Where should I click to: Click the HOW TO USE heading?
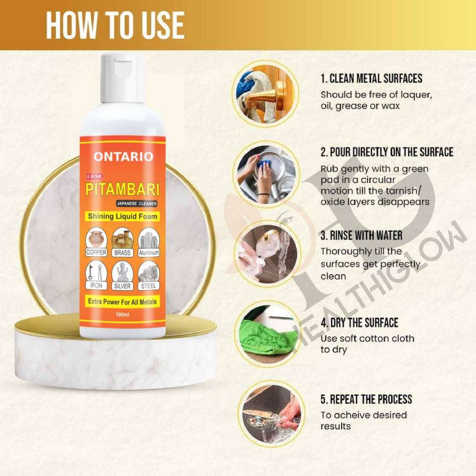(x=116, y=25)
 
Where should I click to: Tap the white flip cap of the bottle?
(x=122, y=78)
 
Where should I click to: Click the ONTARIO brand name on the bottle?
(x=123, y=157)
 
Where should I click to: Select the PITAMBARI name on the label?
(x=122, y=190)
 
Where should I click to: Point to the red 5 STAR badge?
(x=95, y=176)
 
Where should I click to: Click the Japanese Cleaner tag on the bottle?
(x=137, y=203)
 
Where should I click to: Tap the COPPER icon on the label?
(x=96, y=242)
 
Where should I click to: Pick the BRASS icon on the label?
(x=122, y=242)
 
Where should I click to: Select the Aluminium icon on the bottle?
(x=149, y=242)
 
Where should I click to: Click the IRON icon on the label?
(x=96, y=275)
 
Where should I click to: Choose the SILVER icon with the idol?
(x=122, y=275)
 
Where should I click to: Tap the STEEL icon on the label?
(x=149, y=275)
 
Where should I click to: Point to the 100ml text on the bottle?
(x=122, y=314)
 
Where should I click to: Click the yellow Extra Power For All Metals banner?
(x=122, y=302)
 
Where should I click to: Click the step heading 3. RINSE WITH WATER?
(x=361, y=235)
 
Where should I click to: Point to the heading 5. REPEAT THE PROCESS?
(x=366, y=399)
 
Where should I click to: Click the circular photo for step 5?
(x=271, y=414)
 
